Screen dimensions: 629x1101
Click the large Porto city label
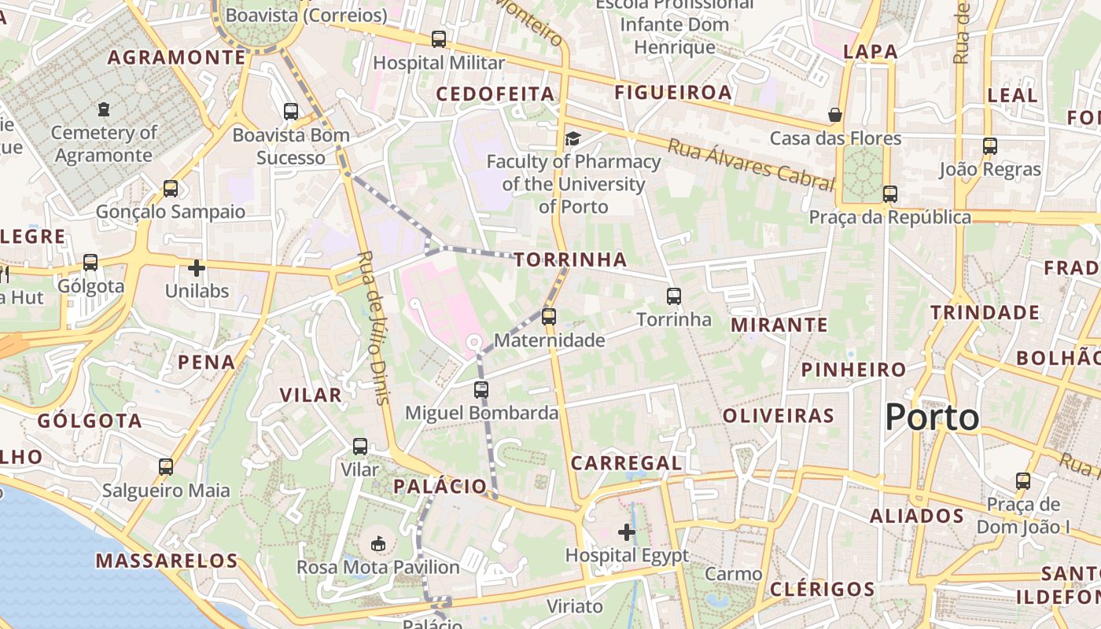932,417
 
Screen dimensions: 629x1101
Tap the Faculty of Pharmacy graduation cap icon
573,139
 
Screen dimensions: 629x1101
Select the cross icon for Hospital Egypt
627,533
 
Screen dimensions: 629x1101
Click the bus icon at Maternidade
549,317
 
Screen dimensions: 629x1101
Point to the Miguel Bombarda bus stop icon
481,389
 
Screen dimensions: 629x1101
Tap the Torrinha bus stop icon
674,296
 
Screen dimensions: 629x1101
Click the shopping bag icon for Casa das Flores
835,116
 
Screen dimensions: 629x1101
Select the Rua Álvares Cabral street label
750,164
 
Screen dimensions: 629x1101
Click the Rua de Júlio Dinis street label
374,327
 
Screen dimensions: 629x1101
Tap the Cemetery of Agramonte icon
104,109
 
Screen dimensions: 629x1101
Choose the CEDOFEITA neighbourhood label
495,94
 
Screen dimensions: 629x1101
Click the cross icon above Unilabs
197,268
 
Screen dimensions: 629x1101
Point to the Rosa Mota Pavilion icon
378,543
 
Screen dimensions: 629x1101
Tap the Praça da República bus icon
890,194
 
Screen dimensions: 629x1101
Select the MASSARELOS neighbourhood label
167,561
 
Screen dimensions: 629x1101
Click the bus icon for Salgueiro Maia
166,467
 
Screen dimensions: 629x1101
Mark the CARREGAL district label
627,463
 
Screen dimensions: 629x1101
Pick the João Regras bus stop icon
990,146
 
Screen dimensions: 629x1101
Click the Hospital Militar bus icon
439,39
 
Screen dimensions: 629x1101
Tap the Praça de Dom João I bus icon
1023,481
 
